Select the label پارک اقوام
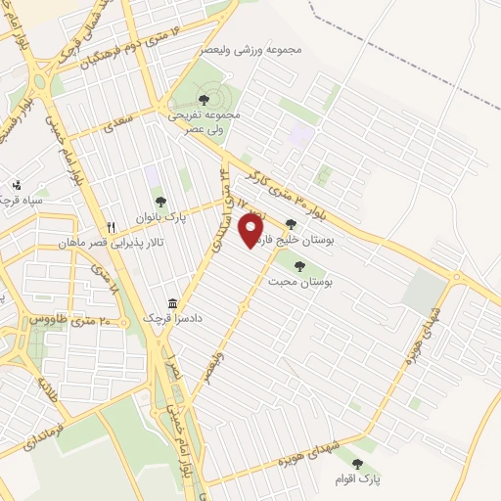[357, 478]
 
